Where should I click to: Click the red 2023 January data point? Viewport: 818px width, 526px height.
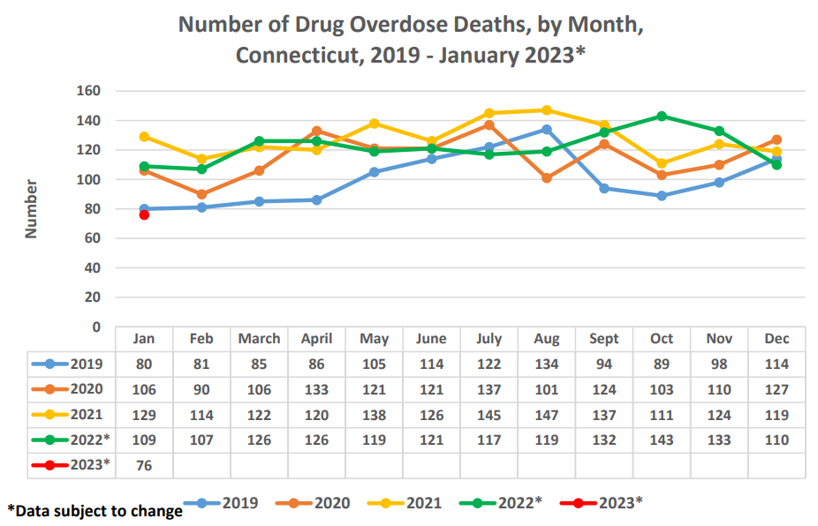144,214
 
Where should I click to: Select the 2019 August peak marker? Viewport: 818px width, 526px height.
547,130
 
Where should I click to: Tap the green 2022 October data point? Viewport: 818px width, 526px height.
662,116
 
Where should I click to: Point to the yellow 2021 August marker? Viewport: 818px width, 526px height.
547,110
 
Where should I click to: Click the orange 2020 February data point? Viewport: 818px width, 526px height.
201,194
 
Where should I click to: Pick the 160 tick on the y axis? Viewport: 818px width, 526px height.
88,91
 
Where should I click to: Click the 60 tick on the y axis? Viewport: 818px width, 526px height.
92,238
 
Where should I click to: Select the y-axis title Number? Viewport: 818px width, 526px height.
31,209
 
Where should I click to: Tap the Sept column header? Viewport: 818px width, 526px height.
604,339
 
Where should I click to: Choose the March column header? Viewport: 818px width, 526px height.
259,339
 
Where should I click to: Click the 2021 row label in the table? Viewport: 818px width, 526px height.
86,414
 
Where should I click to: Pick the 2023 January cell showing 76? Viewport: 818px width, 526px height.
144,464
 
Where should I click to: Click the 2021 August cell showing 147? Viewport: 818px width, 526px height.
547,414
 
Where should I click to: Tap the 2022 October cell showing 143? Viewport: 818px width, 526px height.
662,439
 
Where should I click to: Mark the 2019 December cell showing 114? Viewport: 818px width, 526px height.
776,364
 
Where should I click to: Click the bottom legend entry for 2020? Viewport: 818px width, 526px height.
332,503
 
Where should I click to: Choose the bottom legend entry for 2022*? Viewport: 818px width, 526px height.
519,503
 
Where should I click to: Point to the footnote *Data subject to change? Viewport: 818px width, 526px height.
95,510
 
